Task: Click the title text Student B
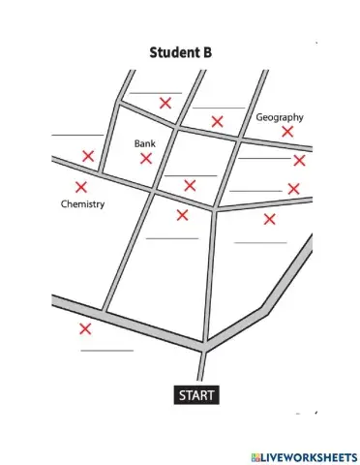180,52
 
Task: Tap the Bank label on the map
144,143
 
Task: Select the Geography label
280,117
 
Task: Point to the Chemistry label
82,204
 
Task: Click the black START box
196,394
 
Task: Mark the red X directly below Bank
146,157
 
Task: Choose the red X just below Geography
287,131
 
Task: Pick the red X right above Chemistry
80,187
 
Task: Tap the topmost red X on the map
165,102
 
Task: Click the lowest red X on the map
85,328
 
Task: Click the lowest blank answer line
107,350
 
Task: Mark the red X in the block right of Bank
190,185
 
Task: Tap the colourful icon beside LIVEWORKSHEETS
255,454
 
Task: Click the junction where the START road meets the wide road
204,346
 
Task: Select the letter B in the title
206,52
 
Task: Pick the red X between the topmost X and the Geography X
218,121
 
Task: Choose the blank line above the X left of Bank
77,135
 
